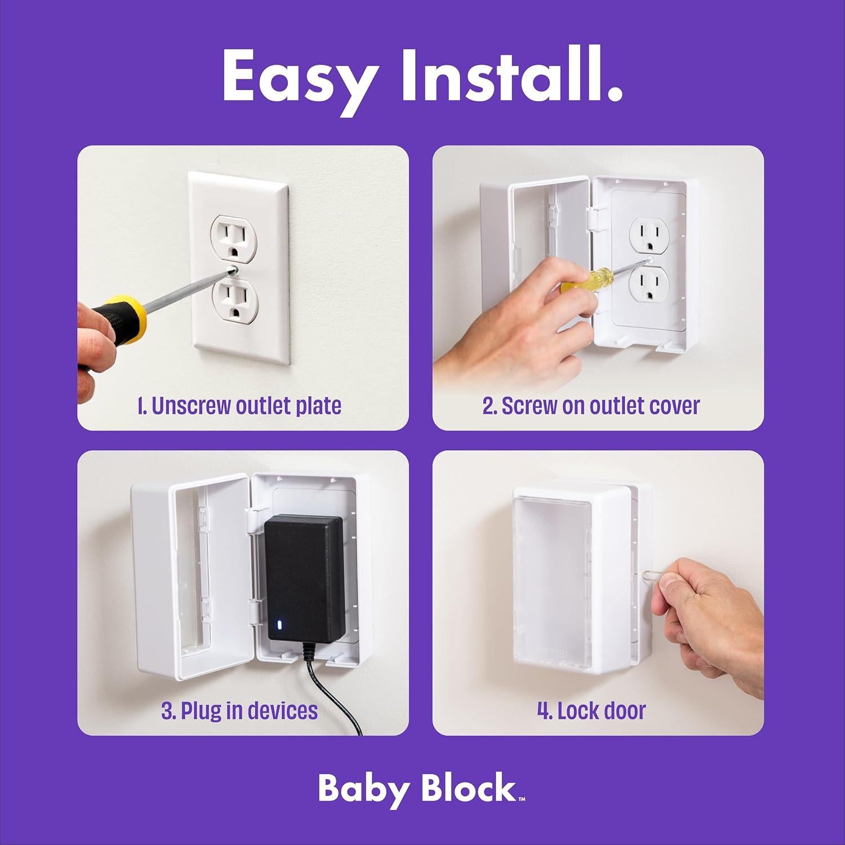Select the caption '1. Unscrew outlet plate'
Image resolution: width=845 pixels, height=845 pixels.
pyautogui.click(x=239, y=406)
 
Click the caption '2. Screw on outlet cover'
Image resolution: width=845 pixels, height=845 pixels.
pyautogui.click(x=591, y=406)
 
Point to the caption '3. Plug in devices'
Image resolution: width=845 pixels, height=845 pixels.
pyautogui.click(x=239, y=710)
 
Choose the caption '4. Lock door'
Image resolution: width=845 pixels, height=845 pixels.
pyautogui.click(x=591, y=710)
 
